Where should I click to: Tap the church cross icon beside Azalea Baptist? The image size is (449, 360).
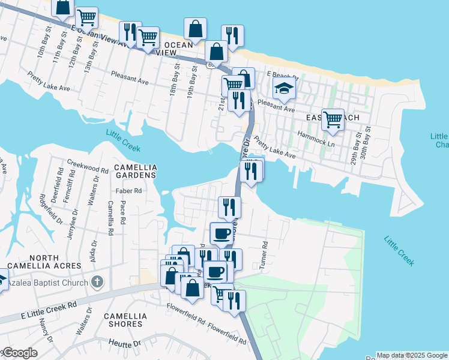(98, 282)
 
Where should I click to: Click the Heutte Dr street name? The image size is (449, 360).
(124, 344)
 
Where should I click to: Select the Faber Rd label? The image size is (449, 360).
(128, 191)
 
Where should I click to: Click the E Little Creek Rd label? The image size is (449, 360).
(50, 310)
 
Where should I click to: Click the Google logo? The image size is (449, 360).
(20, 353)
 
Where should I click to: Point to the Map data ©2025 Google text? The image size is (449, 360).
(412, 355)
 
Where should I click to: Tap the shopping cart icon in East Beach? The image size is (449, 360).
(332, 119)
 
